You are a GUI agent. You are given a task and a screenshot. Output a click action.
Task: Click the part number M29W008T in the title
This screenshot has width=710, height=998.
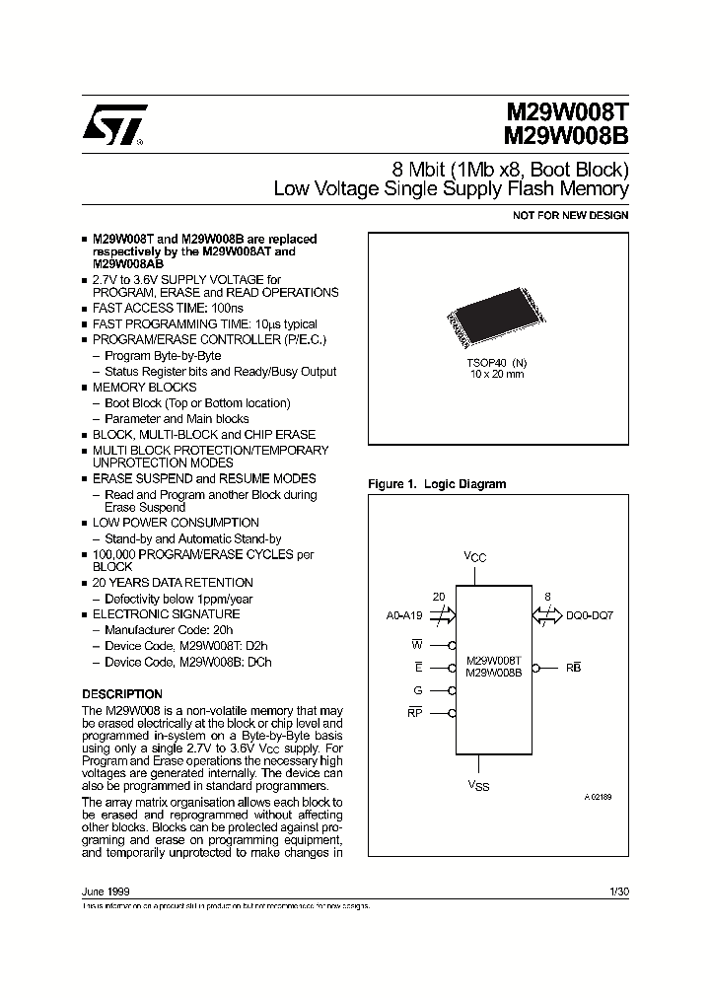pyautogui.click(x=567, y=113)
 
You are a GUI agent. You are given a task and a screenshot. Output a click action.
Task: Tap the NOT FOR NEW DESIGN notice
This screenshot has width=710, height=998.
pyautogui.click(x=571, y=215)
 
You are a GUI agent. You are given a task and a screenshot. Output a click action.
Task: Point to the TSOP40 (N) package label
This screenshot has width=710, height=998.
pyautogui.click(x=497, y=362)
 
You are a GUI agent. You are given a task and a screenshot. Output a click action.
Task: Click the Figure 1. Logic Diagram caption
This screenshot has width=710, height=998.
pyautogui.click(x=437, y=484)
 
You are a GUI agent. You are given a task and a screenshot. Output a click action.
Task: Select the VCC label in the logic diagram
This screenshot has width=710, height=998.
pyautogui.click(x=475, y=558)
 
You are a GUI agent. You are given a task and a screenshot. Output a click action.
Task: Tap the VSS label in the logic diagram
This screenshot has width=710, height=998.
pyautogui.click(x=478, y=786)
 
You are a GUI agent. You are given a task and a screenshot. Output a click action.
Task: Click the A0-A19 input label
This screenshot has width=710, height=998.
pyautogui.click(x=404, y=614)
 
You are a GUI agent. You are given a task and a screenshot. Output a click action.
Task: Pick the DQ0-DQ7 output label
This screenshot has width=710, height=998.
pyautogui.click(x=590, y=614)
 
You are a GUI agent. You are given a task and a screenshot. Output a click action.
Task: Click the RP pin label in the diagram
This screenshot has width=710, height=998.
pyautogui.click(x=415, y=712)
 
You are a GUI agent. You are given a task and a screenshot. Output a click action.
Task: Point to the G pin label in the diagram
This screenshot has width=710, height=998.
pyautogui.click(x=418, y=689)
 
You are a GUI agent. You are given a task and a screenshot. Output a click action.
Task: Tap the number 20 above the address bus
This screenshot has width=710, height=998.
pyautogui.click(x=440, y=597)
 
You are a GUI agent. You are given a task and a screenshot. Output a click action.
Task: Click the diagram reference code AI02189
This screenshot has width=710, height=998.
pyautogui.click(x=597, y=796)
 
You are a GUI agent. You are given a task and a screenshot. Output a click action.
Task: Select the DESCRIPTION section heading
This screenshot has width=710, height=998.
pyautogui.click(x=121, y=694)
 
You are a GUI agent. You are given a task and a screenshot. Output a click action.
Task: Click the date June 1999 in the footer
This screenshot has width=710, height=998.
pyautogui.click(x=105, y=891)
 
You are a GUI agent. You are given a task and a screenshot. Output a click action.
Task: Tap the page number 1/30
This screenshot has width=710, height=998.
pyautogui.click(x=619, y=891)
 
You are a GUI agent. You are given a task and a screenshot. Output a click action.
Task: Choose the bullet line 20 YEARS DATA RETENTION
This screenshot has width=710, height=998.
pyautogui.click(x=173, y=583)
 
